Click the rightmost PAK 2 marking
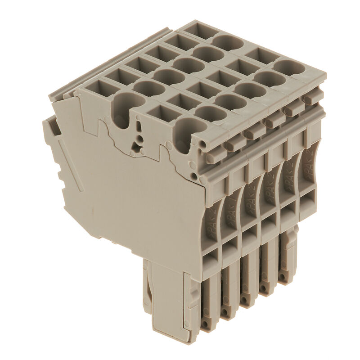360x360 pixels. click(x=308, y=164)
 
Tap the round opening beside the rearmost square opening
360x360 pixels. click(x=228, y=43)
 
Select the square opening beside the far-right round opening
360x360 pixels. click(x=263, y=55)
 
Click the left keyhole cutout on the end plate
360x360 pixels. click(x=122, y=110)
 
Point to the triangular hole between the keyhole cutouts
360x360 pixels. click(x=135, y=145)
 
